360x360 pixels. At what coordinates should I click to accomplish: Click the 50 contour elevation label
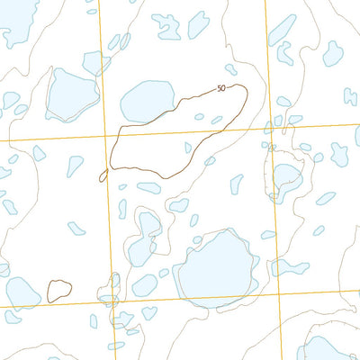tap(221, 88)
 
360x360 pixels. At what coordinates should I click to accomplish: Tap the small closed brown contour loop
tap(59, 291)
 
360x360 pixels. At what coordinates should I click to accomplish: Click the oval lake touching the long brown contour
tap(146, 101)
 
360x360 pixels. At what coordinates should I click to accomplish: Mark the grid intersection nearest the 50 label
tap(268, 128)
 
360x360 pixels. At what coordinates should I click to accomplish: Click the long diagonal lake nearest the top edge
tap(282, 28)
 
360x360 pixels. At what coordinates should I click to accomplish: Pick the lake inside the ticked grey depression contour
tap(287, 175)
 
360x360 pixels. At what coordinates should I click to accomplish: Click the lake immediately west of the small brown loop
tap(21, 292)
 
